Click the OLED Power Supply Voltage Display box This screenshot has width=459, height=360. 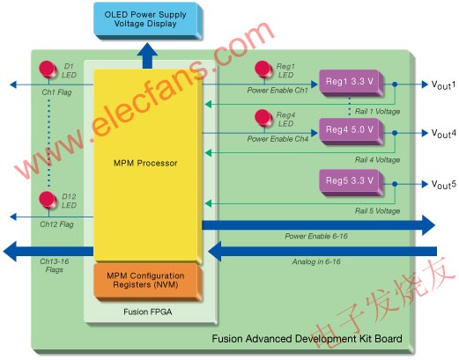148,20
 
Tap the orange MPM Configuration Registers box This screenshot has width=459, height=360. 148,282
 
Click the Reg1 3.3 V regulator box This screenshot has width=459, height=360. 352,83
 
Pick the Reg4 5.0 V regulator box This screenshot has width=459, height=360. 352,131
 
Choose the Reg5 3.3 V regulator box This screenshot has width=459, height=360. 352,182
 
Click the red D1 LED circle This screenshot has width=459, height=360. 48,70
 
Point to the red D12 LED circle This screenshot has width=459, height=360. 48,200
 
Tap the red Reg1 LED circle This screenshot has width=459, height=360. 263,70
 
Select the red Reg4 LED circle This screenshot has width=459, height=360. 263,118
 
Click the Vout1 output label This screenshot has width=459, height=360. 443,84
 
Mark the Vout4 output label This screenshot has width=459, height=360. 443,134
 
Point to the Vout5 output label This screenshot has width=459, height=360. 443,185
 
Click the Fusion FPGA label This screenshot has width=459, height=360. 148,312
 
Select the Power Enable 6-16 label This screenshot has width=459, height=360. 316,236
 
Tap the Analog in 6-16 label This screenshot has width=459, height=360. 316,261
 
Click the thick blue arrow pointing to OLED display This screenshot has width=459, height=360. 147,55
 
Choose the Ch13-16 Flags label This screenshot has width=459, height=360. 55,266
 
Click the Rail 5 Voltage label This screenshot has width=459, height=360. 377,211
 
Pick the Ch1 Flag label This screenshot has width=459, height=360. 56,92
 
